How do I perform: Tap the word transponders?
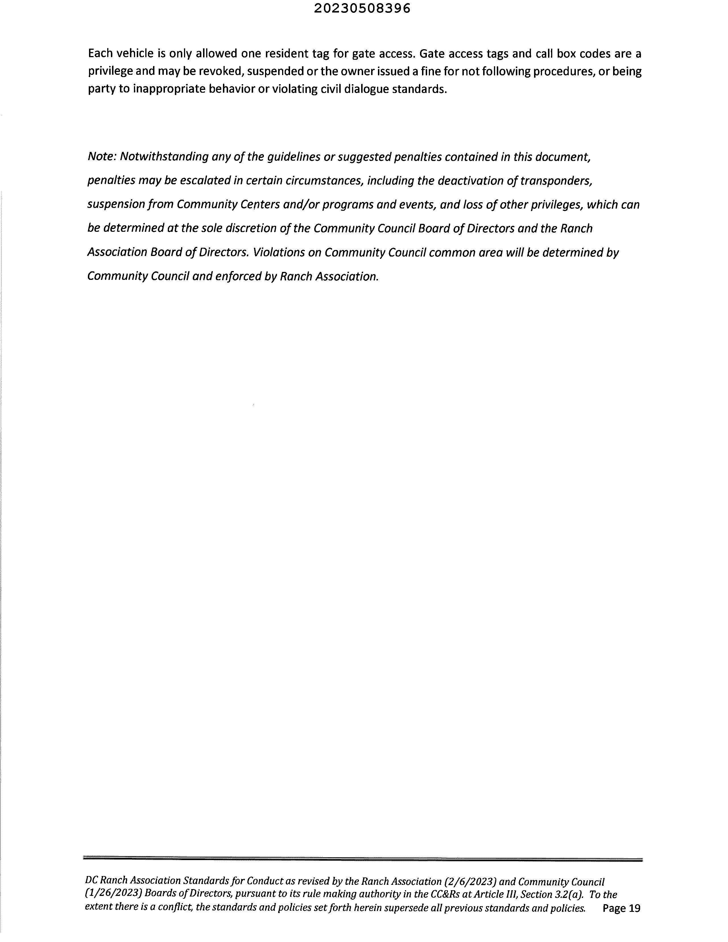[556, 181]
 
